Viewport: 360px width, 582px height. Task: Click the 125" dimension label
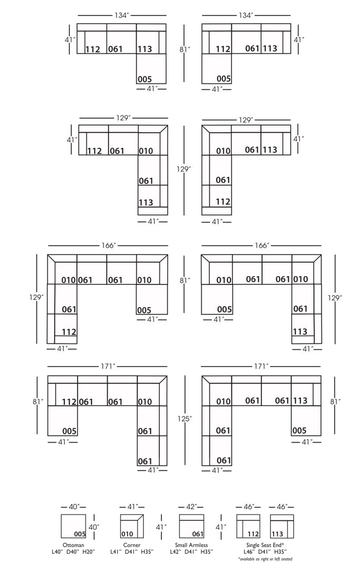[x=185, y=419]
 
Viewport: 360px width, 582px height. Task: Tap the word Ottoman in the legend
[x=74, y=545]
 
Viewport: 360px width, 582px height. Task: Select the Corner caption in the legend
[x=132, y=545]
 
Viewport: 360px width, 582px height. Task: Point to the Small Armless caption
[x=191, y=545]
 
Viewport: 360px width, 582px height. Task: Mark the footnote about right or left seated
[x=265, y=559]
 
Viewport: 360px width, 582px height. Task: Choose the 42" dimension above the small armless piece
[x=191, y=506]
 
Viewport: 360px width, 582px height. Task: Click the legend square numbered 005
[x=74, y=526]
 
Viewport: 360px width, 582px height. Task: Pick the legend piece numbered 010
[x=132, y=526]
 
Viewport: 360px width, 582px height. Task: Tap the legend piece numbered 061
[x=191, y=526]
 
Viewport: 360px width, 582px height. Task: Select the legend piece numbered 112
[x=249, y=526]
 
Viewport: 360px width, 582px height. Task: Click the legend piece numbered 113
[x=282, y=526]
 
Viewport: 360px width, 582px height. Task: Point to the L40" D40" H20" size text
[x=74, y=552]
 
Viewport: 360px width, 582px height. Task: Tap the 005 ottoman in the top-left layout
[x=151, y=69]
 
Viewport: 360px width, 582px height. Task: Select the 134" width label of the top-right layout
[x=246, y=15]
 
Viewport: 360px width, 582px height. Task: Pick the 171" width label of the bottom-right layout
[x=261, y=367]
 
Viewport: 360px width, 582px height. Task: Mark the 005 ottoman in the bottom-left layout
[x=62, y=421]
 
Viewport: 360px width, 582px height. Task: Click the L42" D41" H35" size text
[x=191, y=552]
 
